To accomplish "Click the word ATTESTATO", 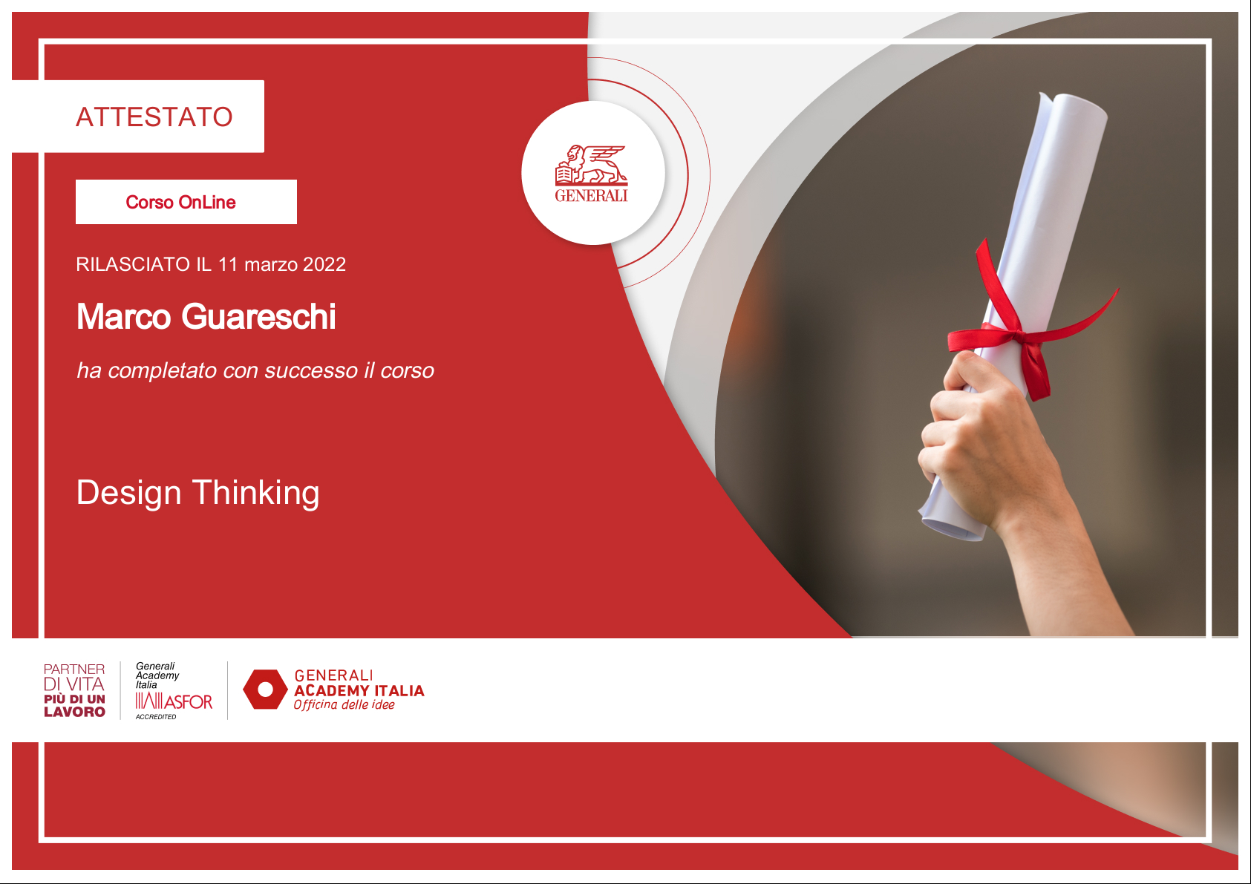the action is click(154, 117).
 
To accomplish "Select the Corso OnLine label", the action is click(180, 202).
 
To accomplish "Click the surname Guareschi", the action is click(258, 317).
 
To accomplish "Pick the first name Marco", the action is click(123, 317).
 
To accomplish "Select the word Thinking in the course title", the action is click(256, 493).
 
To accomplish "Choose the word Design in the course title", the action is click(129, 493).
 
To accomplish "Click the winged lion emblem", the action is click(592, 165).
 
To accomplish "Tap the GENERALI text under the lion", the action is click(592, 195).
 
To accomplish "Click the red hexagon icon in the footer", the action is click(265, 690).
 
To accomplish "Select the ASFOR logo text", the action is click(189, 701).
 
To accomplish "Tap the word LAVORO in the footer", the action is click(74, 712).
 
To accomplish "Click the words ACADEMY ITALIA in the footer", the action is click(359, 691).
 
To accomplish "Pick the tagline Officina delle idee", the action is click(344, 704).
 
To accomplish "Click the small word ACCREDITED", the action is click(156, 716).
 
